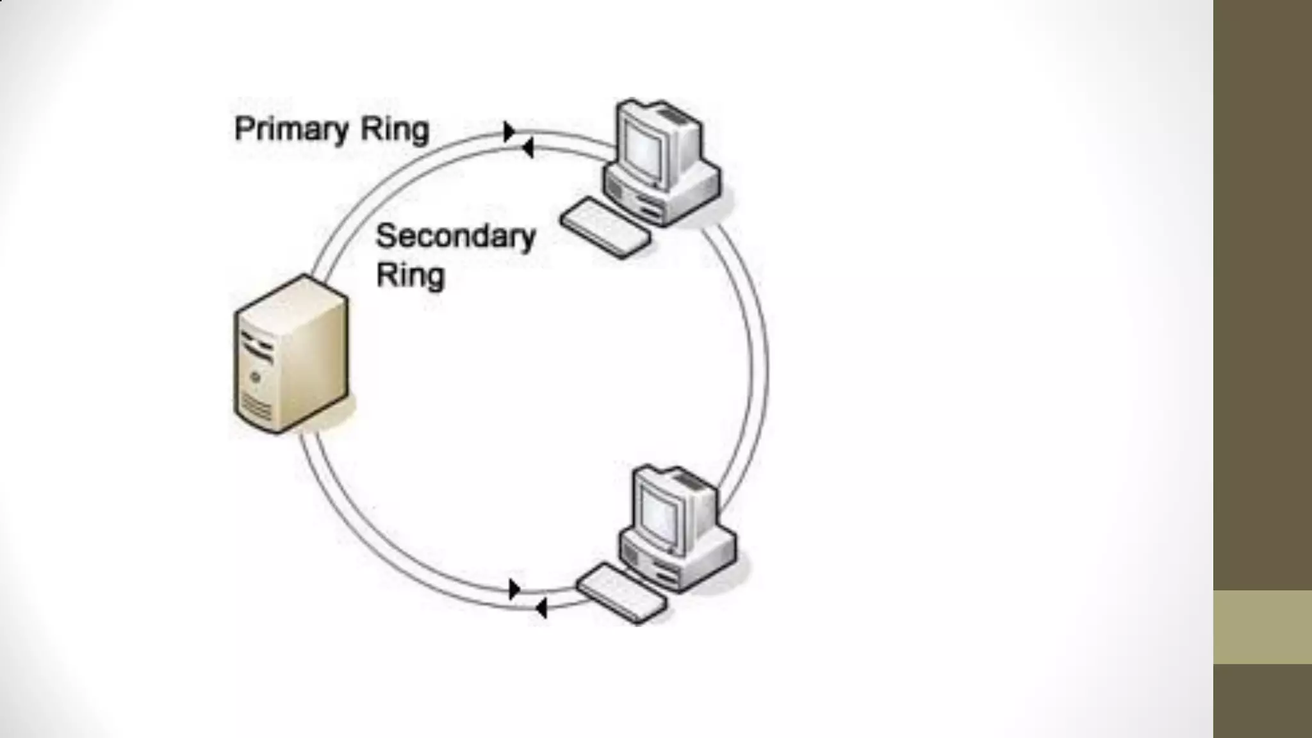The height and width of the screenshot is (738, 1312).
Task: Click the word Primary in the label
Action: tap(292, 130)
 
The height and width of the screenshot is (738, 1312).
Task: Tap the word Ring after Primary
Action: tap(395, 130)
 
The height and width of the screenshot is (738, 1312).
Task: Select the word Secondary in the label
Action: tap(455, 236)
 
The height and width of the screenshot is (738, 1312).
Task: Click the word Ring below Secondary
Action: tap(410, 275)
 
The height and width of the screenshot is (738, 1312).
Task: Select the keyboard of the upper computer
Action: tap(605, 227)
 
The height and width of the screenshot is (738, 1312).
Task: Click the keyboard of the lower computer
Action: tap(621, 593)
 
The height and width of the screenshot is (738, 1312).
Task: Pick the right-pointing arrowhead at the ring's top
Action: tap(510, 131)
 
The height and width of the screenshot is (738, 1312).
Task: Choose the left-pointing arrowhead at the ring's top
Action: tap(527, 149)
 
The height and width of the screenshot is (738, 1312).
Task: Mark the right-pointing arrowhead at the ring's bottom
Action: tap(514, 589)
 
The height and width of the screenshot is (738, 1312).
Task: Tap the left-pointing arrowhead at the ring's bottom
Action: tap(541, 608)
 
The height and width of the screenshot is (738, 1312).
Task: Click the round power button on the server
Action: tap(256, 377)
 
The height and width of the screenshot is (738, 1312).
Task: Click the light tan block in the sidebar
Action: tap(1262, 627)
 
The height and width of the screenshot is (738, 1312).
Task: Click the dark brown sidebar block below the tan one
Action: tap(1262, 701)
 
